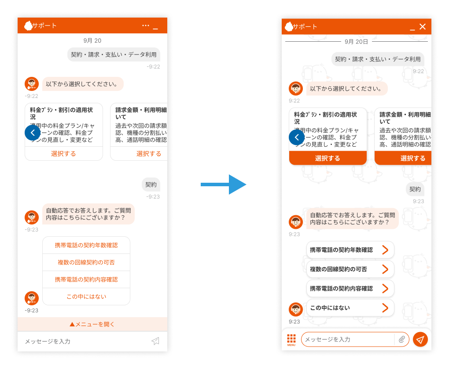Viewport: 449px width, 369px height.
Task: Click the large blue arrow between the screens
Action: click(224, 184)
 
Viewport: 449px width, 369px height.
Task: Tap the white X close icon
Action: click(423, 27)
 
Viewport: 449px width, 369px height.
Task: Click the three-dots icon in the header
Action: click(146, 25)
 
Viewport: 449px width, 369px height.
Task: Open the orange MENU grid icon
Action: click(291, 339)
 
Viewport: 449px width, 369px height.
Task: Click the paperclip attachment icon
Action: click(402, 339)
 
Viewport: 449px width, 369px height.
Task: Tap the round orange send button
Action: click(420, 339)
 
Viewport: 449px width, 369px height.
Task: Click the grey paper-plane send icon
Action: click(155, 341)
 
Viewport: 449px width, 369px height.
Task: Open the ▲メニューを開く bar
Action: click(92, 324)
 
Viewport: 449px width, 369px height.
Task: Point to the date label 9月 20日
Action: click(356, 41)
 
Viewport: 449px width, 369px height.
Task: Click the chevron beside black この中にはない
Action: click(385, 308)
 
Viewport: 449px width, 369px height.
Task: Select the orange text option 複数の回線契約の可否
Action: click(86, 262)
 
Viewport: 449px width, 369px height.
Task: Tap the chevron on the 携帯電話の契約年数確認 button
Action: click(385, 250)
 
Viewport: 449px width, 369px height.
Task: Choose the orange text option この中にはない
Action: click(86, 297)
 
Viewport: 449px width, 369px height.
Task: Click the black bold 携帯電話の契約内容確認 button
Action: click(341, 289)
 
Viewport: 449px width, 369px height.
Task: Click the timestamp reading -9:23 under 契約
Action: click(153, 196)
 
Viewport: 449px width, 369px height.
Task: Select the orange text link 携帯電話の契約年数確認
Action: click(86, 245)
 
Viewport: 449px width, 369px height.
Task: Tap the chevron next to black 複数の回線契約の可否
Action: click(385, 269)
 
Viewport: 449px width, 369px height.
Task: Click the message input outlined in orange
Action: click(348, 339)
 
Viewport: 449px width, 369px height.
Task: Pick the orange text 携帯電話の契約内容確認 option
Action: click(86, 279)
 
